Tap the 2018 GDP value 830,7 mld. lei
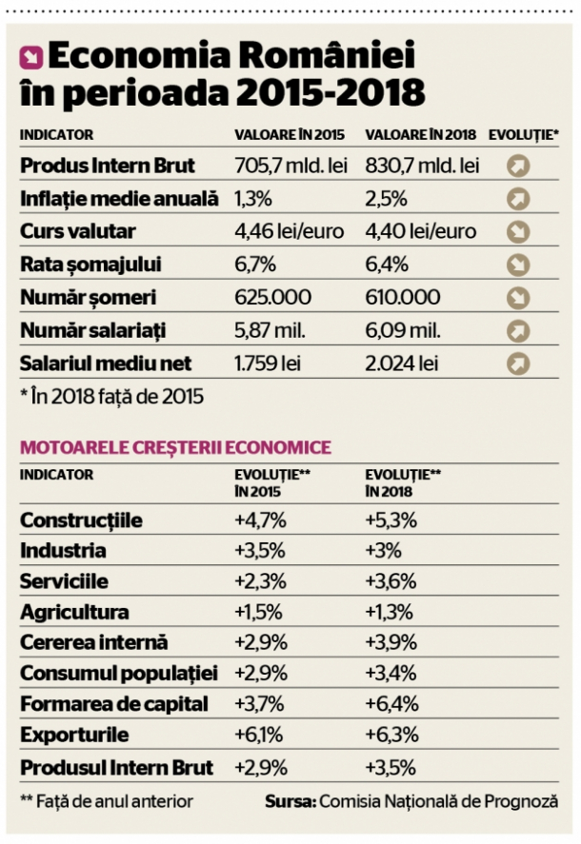[421, 166]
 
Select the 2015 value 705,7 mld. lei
[290, 166]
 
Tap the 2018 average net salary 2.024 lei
[402, 363]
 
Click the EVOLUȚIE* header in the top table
[523, 135]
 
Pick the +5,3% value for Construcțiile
[391, 520]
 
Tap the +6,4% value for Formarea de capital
[391, 705]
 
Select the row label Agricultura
[74, 613]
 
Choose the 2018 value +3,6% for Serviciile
[391, 581]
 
